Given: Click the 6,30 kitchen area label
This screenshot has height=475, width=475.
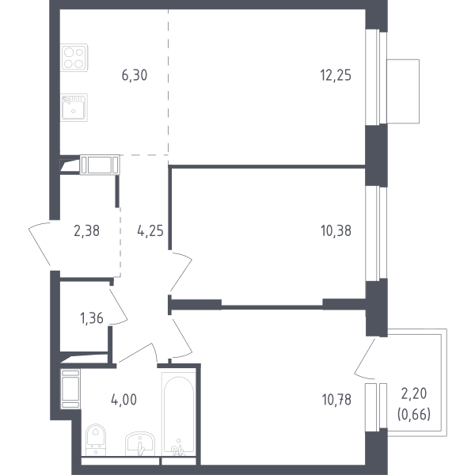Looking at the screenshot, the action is click(135, 75).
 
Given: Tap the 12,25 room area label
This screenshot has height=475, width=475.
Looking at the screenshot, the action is click(336, 75).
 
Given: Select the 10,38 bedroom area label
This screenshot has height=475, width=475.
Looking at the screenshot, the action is click(336, 231).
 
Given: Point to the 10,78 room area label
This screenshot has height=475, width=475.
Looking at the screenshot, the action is click(336, 400).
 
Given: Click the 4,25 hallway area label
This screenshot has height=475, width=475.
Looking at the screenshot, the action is click(150, 231).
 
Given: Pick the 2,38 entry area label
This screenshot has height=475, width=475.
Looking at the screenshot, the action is click(86, 231).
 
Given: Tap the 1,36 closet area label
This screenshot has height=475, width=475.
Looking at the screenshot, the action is click(92, 318).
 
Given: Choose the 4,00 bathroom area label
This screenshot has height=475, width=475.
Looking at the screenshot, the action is click(124, 400).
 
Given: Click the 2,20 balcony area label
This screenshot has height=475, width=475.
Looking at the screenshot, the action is click(414, 393).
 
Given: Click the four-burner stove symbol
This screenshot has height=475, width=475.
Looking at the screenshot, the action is click(74, 58).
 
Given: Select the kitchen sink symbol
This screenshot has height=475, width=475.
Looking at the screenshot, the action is click(74, 108).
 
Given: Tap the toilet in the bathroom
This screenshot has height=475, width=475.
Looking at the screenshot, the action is click(96, 439).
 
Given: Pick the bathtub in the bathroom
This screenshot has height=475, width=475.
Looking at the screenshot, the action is click(179, 414).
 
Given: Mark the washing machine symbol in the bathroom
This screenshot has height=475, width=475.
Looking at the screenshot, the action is click(70, 389).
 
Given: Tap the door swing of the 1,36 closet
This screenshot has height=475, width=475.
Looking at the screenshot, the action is click(119, 306).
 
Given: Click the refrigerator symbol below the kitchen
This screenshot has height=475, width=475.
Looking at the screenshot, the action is click(100, 165).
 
